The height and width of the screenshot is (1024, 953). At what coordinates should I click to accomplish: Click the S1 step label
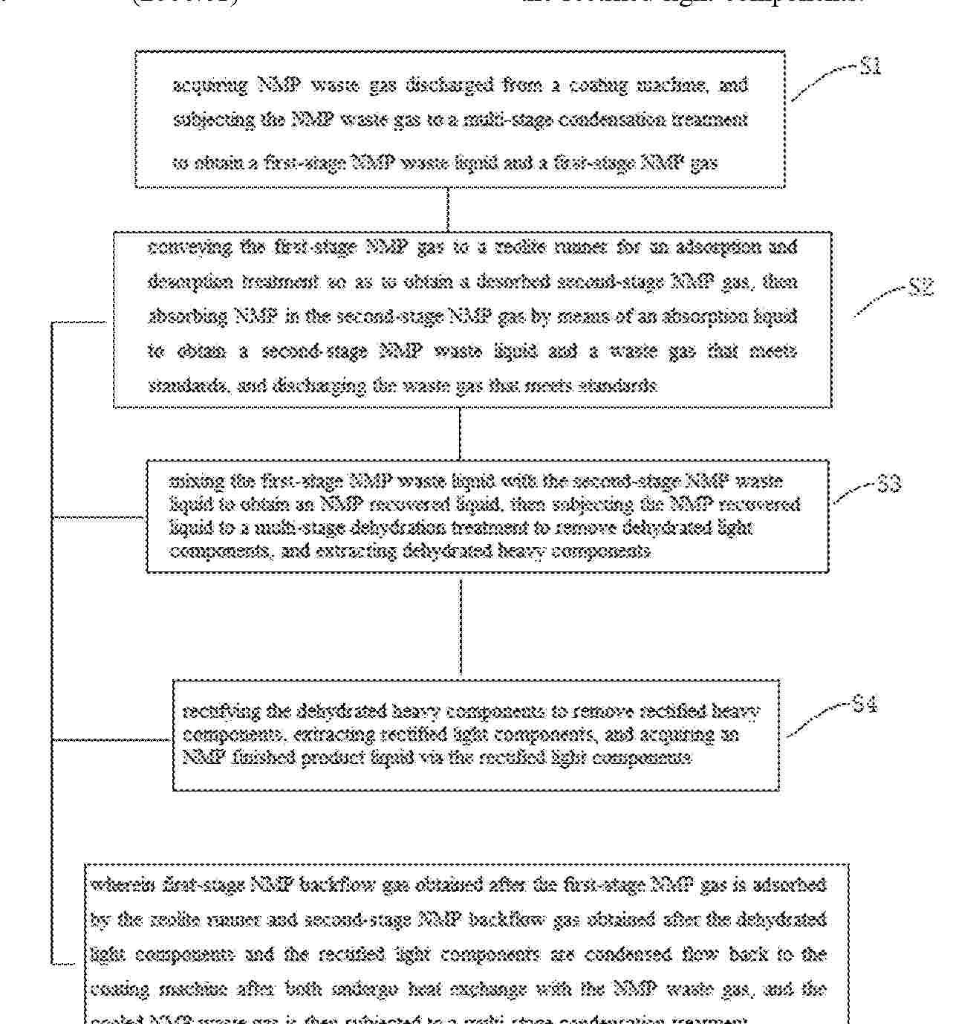pos(870,67)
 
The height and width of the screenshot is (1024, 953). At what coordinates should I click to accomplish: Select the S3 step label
pos(888,485)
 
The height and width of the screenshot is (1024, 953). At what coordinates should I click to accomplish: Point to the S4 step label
pos(865,704)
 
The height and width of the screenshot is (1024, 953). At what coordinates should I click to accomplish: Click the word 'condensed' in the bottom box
pos(637,954)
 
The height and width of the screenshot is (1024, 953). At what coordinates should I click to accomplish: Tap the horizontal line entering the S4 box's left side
pos(111,739)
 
